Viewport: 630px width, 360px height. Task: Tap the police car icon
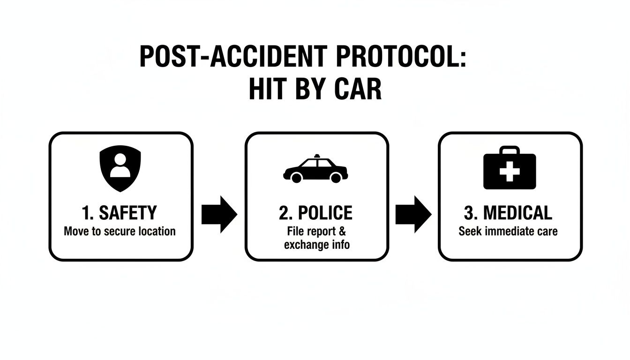tap(315, 169)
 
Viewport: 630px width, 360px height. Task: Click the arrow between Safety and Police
tap(219, 215)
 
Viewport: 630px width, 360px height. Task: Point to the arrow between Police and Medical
tap(413, 215)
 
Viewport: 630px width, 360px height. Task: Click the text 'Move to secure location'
tap(120, 231)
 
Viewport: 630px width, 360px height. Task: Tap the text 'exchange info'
tap(316, 245)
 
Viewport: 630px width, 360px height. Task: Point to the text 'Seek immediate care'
tap(508, 231)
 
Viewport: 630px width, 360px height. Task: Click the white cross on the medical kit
tap(510, 172)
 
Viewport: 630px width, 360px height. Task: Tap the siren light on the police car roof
tap(318, 155)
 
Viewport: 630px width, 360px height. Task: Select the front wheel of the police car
tap(336, 177)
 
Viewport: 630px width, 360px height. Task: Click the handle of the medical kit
tap(510, 151)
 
